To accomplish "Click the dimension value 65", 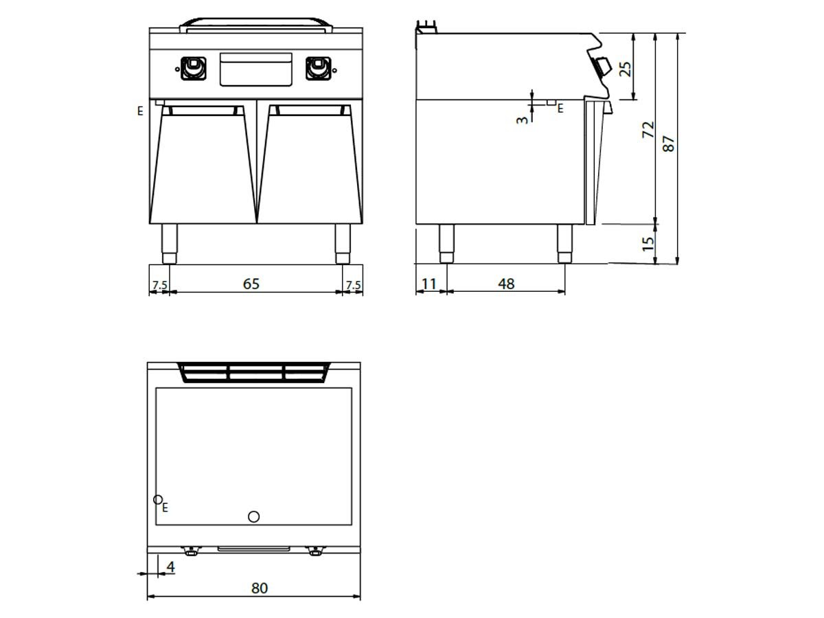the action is pos(251,284).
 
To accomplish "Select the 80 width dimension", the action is pos(260,588).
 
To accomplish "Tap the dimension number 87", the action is pos(669,144).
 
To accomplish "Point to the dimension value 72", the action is pos(648,130).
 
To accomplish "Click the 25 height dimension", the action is pos(626,69).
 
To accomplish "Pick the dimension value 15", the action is pos(648,244).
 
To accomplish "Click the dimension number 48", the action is pos(506,284).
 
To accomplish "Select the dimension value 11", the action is pos(429,284).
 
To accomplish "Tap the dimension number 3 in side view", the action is pos(522,120).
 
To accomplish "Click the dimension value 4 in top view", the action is pos(170,566).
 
